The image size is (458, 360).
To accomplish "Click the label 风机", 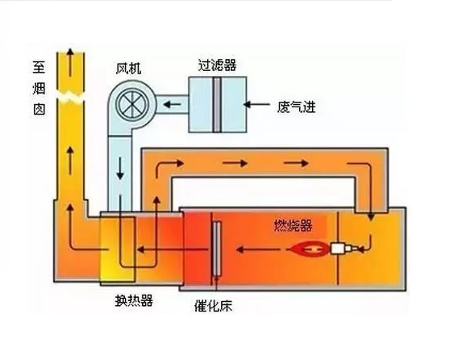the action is click(x=128, y=69).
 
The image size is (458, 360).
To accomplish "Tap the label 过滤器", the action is click(x=217, y=65).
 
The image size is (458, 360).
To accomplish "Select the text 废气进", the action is click(x=296, y=107).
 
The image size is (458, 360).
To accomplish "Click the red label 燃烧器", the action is click(x=293, y=225).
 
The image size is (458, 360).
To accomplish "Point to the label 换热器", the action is click(x=134, y=300).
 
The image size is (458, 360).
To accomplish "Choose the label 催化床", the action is click(x=213, y=306).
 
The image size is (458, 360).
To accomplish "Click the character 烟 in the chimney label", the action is click(x=39, y=88).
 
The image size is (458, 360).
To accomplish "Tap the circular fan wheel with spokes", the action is click(x=132, y=104).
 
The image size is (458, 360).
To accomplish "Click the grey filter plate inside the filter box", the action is click(x=216, y=105).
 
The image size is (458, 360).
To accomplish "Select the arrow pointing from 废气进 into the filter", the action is click(x=256, y=104).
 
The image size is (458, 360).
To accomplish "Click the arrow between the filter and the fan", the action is click(x=172, y=104).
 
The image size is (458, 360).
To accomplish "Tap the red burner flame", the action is click(x=309, y=249).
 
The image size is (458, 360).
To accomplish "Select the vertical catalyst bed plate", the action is click(x=216, y=249).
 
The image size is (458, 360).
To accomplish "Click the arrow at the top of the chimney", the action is click(x=70, y=62).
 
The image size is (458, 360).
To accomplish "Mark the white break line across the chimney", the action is click(x=70, y=97).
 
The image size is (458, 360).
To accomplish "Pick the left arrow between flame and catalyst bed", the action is click(x=258, y=249).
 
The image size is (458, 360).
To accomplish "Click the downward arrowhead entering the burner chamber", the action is click(x=371, y=217).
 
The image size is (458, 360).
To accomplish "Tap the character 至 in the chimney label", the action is click(x=39, y=67).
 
